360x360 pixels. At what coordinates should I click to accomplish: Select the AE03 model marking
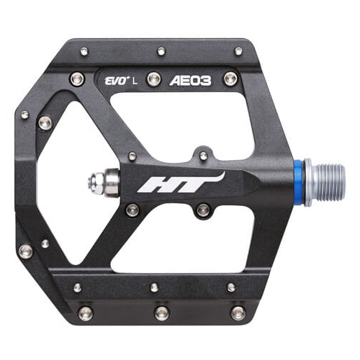pos(191,81)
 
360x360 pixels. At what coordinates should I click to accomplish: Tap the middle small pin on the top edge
pos(161,52)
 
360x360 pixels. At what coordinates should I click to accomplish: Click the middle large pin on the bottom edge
pos(162,312)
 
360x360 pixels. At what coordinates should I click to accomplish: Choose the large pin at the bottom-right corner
pos(238,312)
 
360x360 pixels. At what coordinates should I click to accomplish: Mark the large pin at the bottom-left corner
pos(86,312)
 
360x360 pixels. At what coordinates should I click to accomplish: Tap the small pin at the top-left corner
pos(84,52)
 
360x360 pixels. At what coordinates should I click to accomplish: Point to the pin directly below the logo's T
pos(204,210)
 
